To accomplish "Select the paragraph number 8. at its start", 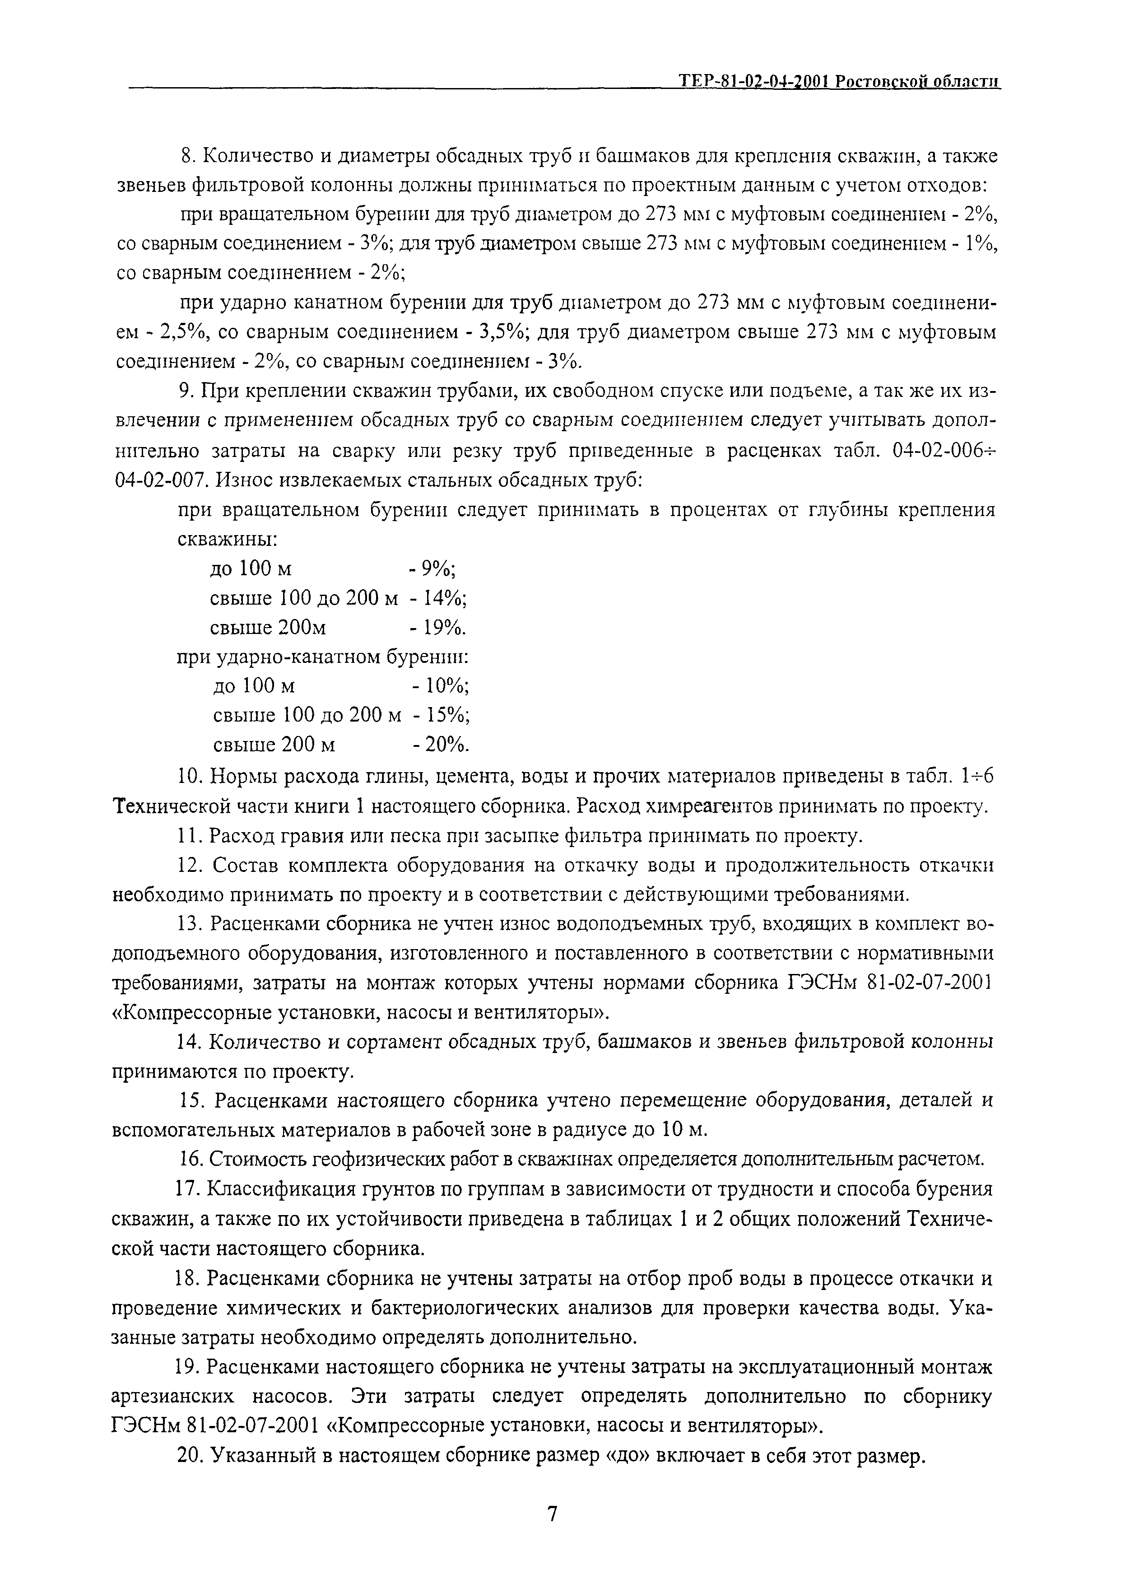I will click(x=188, y=157).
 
